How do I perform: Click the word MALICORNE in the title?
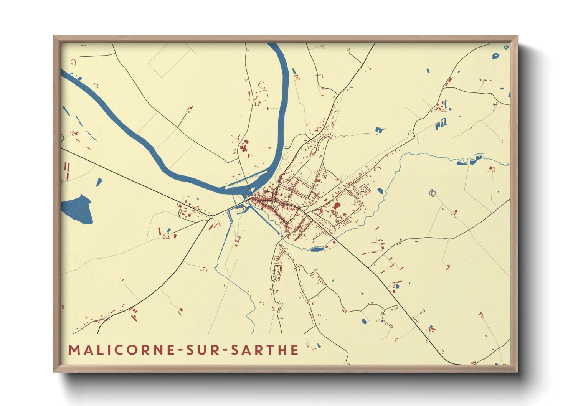[x=119, y=350]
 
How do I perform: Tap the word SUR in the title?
[x=203, y=350]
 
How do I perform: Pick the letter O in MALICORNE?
[x=132, y=350]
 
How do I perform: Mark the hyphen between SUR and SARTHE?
[x=225, y=350]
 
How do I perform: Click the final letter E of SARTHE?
[x=295, y=350]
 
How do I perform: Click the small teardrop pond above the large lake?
[x=99, y=182]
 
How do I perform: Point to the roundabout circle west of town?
[x=211, y=217]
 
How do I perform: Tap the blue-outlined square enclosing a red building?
[x=433, y=193]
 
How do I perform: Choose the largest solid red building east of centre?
[x=337, y=206]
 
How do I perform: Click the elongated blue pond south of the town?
[x=317, y=249]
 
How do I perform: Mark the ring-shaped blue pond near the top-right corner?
[x=495, y=56]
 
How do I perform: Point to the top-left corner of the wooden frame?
[x=54, y=36]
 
